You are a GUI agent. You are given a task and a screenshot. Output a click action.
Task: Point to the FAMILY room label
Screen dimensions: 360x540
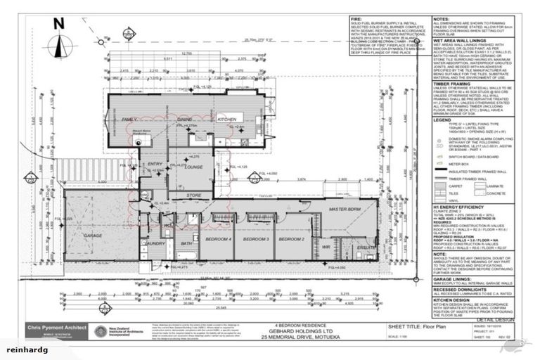pos(129,120)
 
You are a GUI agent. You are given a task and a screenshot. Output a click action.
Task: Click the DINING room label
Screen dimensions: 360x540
pos(185,120)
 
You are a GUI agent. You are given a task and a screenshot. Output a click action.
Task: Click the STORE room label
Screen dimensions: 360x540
pos(195,195)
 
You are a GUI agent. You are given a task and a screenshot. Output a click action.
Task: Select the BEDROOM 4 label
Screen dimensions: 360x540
pos(217,240)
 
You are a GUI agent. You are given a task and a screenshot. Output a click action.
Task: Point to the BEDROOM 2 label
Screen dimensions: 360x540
pos(291,240)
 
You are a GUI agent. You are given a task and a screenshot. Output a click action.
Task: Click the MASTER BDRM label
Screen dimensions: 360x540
pos(345,210)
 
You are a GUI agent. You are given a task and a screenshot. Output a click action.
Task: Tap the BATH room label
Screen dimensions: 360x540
pos(186,244)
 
